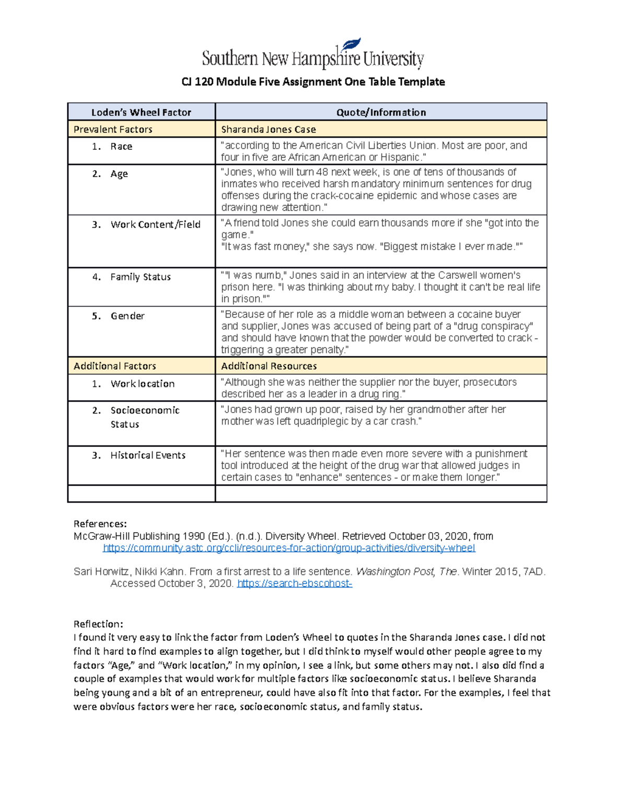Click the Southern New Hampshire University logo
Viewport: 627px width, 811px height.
click(x=312, y=55)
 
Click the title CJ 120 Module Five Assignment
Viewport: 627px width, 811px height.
click(x=312, y=82)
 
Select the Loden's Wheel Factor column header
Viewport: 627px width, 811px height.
click(x=141, y=112)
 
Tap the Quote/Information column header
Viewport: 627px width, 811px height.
click(x=381, y=112)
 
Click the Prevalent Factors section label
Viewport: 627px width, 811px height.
click(x=113, y=130)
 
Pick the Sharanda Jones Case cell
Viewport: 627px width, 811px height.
click(x=268, y=130)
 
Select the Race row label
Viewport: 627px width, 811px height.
click(x=121, y=147)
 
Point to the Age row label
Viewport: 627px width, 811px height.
click(x=119, y=174)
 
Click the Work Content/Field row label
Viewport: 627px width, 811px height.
click(x=155, y=225)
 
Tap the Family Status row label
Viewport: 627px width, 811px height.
click(x=140, y=277)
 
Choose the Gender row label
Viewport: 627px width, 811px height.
click(x=127, y=316)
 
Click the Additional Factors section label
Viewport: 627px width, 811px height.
click(x=114, y=366)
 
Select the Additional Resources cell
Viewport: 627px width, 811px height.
click(x=269, y=366)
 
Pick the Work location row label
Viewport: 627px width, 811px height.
click(x=142, y=384)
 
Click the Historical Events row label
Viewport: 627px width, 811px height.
click(x=148, y=455)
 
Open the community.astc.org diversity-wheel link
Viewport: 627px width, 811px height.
click(x=289, y=548)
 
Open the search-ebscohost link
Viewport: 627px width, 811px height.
click(x=295, y=583)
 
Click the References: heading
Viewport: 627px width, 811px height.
click(x=100, y=524)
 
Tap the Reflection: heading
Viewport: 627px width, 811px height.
click(x=98, y=624)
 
